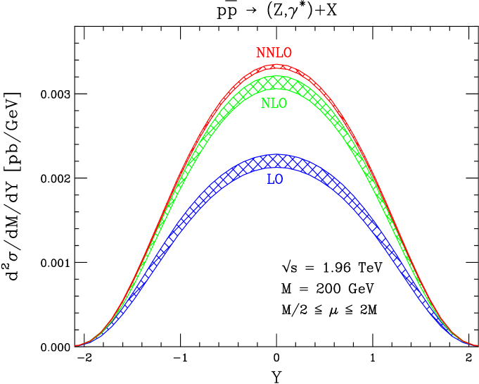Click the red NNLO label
(x=274, y=54)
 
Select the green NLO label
(x=274, y=104)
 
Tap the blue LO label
(x=275, y=180)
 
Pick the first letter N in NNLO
(x=260, y=54)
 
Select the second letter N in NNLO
(x=269, y=54)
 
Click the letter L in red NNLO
(x=279, y=54)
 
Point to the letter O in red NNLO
(x=287, y=54)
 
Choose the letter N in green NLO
(x=265, y=104)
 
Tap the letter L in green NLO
(x=274, y=104)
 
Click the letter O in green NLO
(x=283, y=104)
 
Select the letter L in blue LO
(x=271, y=180)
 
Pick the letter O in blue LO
(x=279, y=180)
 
